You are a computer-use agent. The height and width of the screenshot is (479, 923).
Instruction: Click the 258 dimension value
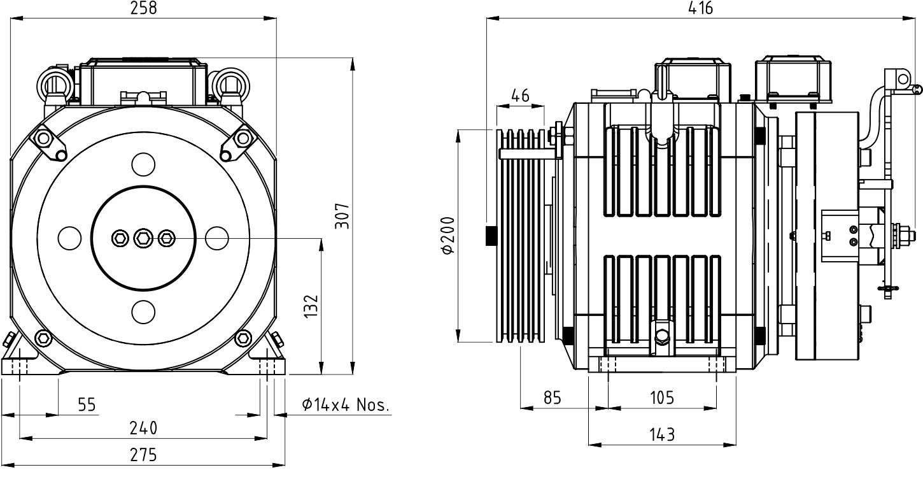[143, 8]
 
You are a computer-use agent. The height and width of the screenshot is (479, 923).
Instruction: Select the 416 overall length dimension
[700, 8]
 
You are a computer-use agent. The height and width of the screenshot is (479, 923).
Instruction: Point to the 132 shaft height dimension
[310, 306]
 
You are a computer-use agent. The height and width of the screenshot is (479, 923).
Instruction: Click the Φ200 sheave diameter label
[447, 236]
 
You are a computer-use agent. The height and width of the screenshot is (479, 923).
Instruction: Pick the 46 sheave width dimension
[520, 96]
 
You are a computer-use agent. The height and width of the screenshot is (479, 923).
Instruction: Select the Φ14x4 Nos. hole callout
[345, 404]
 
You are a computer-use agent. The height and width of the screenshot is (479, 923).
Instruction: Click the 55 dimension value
[88, 404]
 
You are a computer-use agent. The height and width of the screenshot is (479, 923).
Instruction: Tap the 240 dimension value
[143, 427]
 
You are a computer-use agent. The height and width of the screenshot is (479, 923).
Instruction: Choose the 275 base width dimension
[143, 455]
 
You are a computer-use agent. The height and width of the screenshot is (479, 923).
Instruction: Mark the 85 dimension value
[552, 398]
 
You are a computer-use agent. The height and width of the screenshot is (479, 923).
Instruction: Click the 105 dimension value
[662, 398]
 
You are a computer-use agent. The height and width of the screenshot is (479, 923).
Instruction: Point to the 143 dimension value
[662, 434]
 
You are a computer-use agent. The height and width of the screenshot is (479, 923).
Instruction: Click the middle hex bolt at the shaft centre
[143, 238]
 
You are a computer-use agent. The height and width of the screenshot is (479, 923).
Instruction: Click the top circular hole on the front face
[143, 164]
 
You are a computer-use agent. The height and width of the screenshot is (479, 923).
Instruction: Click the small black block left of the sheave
[491, 235]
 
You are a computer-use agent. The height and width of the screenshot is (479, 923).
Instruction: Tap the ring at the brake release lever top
[903, 78]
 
